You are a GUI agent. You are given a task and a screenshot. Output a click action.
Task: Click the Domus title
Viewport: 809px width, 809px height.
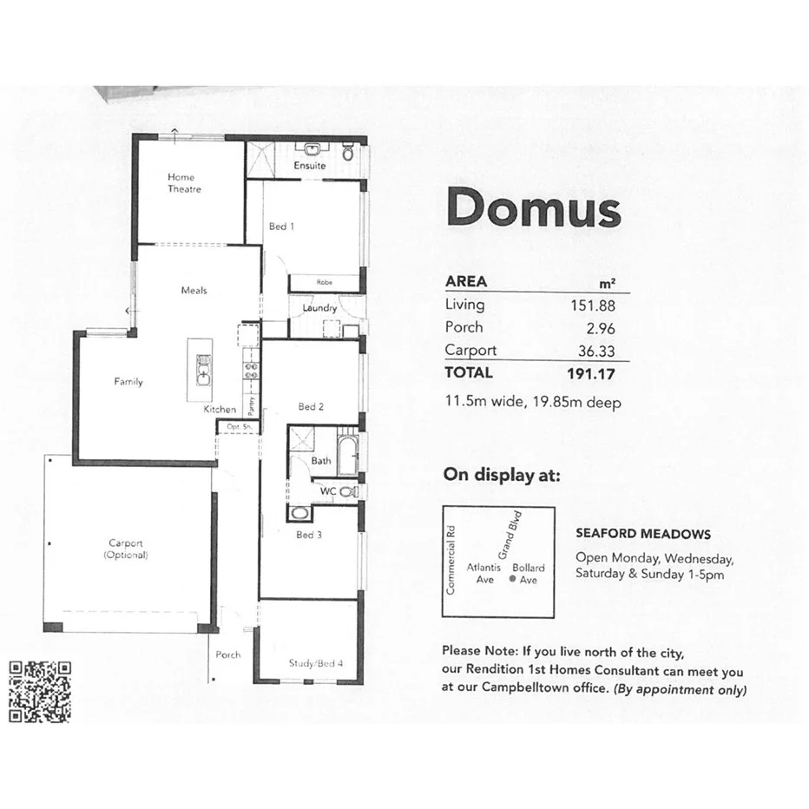click(x=533, y=208)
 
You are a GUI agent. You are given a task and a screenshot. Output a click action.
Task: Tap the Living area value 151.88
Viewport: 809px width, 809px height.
click(x=602, y=305)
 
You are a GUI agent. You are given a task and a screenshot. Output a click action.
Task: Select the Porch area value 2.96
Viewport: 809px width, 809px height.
click(x=608, y=328)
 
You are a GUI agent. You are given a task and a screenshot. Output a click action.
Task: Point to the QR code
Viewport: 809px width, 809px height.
click(x=40, y=692)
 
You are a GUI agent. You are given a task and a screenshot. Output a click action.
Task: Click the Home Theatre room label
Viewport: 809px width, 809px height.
click(x=184, y=183)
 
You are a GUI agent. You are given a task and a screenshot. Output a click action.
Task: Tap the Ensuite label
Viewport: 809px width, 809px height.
click(x=309, y=166)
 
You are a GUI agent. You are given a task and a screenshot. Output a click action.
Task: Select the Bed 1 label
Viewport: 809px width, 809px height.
click(x=281, y=227)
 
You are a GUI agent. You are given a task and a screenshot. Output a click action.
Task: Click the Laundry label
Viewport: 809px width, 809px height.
click(x=319, y=308)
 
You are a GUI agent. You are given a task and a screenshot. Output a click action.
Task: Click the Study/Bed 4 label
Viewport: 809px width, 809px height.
click(x=315, y=664)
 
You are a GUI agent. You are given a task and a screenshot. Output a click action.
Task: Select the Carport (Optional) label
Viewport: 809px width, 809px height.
click(x=126, y=549)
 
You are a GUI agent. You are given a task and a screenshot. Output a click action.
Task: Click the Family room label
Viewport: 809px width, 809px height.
click(x=128, y=382)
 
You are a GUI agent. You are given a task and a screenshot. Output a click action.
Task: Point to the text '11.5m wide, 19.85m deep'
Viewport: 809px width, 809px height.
click(x=532, y=402)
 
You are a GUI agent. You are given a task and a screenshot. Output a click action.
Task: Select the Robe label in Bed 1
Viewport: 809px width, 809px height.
click(x=324, y=282)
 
